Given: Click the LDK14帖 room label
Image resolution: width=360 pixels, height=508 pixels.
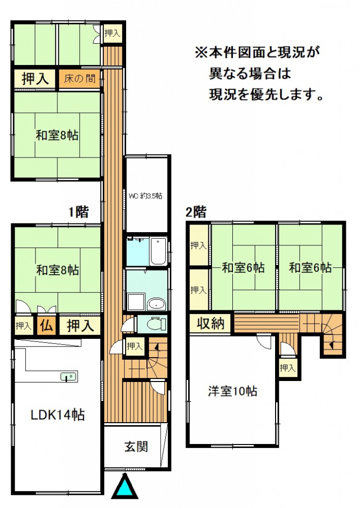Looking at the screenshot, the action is tap(58, 415).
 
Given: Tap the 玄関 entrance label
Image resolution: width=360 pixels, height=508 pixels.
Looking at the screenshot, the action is tap(136, 447).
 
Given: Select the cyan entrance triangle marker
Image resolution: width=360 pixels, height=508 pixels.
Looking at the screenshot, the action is tap(125, 486).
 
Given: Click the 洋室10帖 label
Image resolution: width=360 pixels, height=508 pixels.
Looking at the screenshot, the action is tap(232, 391).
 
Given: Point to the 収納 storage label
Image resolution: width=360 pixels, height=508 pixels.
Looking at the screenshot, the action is tap(211, 323).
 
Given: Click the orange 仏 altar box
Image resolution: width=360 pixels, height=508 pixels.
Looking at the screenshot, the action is tap(46, 325).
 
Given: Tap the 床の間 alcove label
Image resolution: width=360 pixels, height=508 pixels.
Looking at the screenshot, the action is tap(80, 78).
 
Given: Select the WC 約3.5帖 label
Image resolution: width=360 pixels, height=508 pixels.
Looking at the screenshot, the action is tap(145, 196).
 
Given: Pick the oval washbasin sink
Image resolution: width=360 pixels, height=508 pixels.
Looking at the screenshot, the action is tap(157, 304).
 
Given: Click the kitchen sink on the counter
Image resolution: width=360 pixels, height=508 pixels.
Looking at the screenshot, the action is tap(69, 377).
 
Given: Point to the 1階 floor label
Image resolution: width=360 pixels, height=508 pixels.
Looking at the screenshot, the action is tap(78, 212).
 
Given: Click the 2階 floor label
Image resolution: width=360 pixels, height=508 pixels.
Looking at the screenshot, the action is tap(196, 212).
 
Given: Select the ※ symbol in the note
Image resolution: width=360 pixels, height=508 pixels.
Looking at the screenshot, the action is tap(201, 52).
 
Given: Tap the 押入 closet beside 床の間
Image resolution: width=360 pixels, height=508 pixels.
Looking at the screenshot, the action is tap(35, 79).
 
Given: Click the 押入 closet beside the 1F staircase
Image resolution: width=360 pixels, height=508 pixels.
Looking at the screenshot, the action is tap(135, 346).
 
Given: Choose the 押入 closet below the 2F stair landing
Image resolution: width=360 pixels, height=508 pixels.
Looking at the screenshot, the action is tap(287, 368).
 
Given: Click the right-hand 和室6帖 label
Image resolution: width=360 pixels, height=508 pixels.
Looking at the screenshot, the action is tap(310, 268).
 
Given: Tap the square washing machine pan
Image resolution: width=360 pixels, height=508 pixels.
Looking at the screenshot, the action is tap(136, 302).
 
